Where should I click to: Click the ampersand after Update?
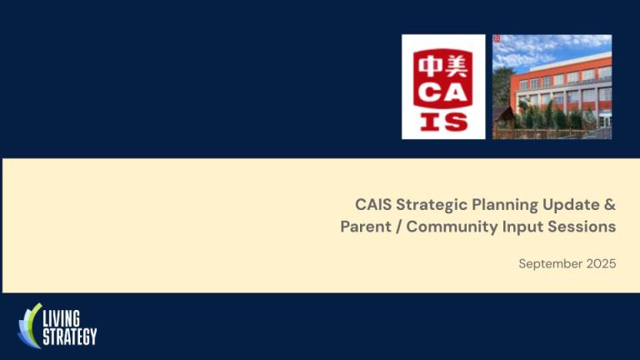[610, 204]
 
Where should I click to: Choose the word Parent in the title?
[364, 227]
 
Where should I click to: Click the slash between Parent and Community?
[397, 227]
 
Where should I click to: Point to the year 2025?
[600, 264]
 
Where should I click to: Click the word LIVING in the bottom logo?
[64, 318]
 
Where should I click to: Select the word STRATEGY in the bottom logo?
[69, 336]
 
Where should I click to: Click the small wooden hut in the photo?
[504, 117]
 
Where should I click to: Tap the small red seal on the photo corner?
[497, 39]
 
